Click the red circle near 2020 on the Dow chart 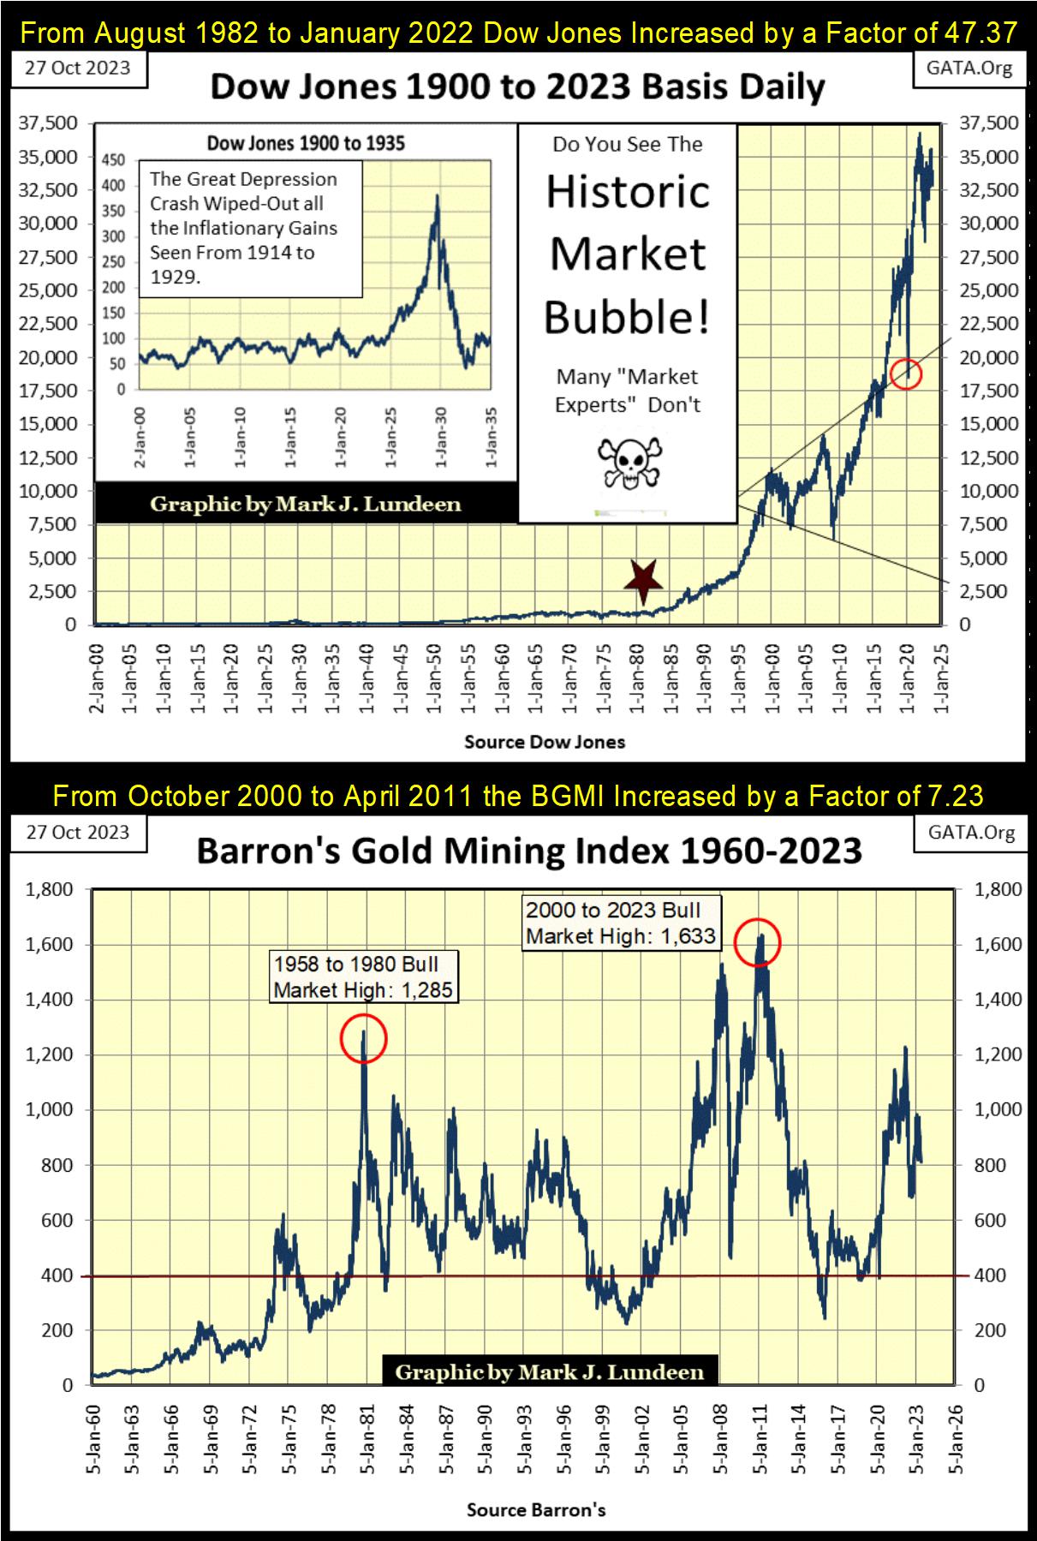pyautogui.click(x=906, y=373)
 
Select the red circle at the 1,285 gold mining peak pyautogui.click(x=364, y=1038)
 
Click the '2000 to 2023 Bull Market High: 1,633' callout pyautogui.click(x=621, y=923)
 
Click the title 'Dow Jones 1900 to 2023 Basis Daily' pyautogui.click(x=517, y=87)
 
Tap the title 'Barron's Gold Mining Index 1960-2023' pyautogui.click(x=528, y=851)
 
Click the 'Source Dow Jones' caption pyautogui.click(x=545, y=742)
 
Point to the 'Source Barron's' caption pyautogui.click(x=536, y=1509)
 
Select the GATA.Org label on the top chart pyautogui.click(x=968, y=69)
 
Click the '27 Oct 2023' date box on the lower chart pyautogui.click(x=78, y=833)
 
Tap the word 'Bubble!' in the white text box pyautogui.click(x=628, y=317)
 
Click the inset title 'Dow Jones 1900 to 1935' pyautogui.click(x=306, y=143)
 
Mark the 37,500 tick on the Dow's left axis pyautogui.click(x=48, y=123)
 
